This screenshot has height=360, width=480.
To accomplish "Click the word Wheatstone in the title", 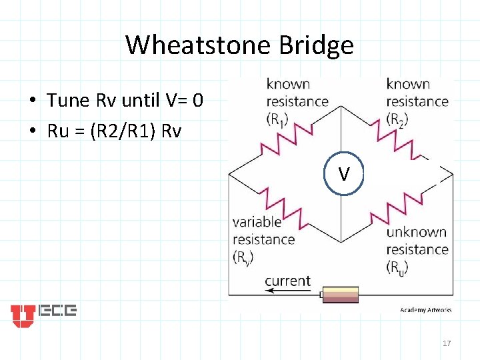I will (x=189, y=45).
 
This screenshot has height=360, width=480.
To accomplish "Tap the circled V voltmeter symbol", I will (x=343, y=175).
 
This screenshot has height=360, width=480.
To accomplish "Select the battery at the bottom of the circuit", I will (x=340, y=295).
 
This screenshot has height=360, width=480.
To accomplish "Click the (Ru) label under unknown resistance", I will (x=398, y=267).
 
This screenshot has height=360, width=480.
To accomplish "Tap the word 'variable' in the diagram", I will (x=257, y=222).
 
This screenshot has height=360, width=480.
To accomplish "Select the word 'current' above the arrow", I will (x=288, y=281).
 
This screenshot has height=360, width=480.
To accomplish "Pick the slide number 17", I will (x=447, y=343).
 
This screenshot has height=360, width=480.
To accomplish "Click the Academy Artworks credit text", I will (x=425, y=309).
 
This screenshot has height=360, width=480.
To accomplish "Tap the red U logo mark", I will (x=23, y=315).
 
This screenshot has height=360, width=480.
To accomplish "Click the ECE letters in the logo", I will (x=58, y=311).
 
